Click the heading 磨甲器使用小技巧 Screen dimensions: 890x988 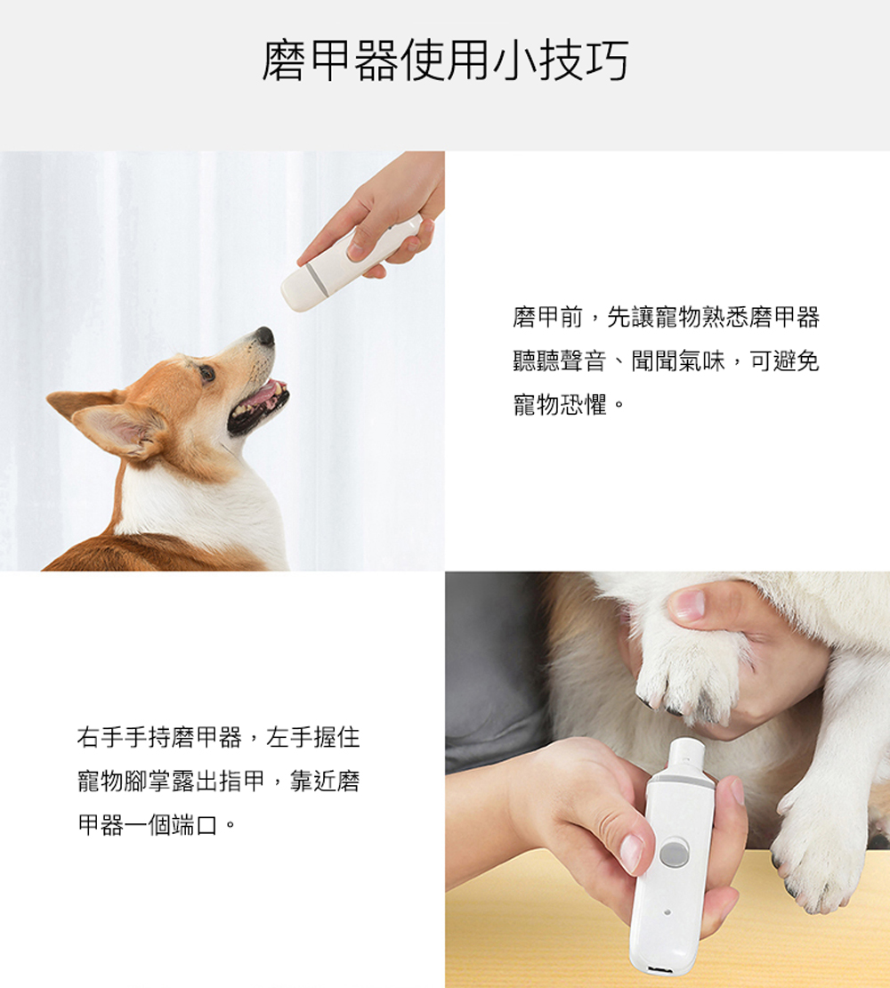pyautogui.click(x=445, y=61)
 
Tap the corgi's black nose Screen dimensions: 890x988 pyautogui.click(x=266, y=336)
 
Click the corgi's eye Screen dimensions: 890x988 pyautogui.click(x=206, y=373)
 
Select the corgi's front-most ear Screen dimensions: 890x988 pyautogui.click(x=118, y=429)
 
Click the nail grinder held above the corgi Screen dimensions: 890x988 pyautogui.click(x=351, y=262)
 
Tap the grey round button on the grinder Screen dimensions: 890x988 pyautogui.click(x=673, y=854)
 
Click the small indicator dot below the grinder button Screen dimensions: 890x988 pyautogui.click(x=667, y=911)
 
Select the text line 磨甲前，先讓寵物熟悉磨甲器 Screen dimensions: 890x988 pyautogui.click(x=666, y=318)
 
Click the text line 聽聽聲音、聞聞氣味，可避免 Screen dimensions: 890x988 pyautogui.click(x=666, y=361)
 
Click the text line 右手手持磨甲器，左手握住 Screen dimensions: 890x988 pyautogui.click(x=219, y=737)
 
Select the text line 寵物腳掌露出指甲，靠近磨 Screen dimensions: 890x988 pyautogui.click(x=219, y=781)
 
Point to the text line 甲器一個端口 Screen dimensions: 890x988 pyautogui.click(x=148, y=825)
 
